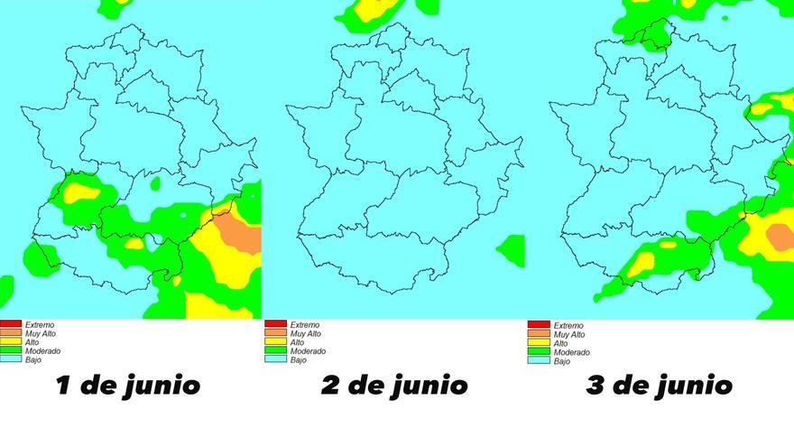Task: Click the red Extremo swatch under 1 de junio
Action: tap(11, 324)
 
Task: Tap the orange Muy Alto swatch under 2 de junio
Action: tap(274, 333)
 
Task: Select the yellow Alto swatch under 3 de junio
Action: tap(539, 342)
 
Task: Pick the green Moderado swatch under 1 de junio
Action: tap(11, 351)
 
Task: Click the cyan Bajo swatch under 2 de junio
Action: tap(274, 360)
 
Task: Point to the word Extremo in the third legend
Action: tap(568, 325)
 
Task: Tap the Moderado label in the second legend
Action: tap(308, 351)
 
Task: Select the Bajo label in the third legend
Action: tap(562, 361)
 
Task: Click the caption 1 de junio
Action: tap(127, 386)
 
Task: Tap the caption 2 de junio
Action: tap(394, 386)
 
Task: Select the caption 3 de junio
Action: tap(659, 386)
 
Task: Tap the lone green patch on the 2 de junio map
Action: tap(512, 249)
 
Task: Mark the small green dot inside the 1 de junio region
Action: tap(154, 184)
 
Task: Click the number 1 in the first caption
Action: tap(63, 386)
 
